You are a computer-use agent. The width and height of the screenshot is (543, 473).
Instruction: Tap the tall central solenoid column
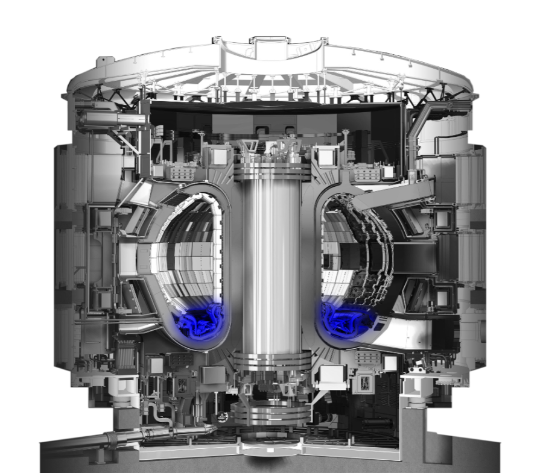(271, 265)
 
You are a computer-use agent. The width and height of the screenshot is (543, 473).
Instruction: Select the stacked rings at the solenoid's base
(271, 362)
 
